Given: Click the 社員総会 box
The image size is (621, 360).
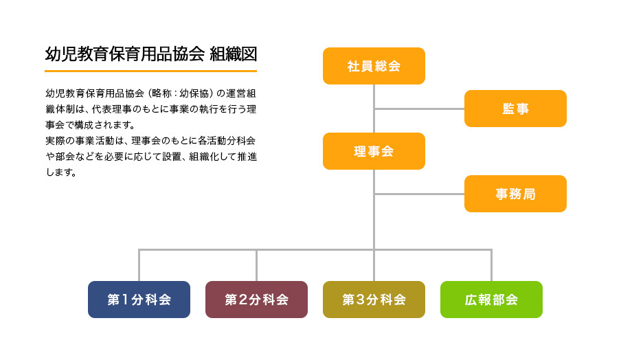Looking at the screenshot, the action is [x=374, y=66].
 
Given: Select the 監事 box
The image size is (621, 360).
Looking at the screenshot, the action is [x=515, y=109].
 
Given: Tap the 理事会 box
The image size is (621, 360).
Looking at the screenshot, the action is [x=374, y=151].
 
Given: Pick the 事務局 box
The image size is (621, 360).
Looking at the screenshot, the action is [x=515, y=194].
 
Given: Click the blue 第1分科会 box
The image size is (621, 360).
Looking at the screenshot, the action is [x=139, y=300].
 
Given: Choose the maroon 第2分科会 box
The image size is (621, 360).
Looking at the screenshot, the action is [x=257, y=300].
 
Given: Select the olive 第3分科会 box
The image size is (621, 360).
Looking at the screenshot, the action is [x=374, y=300].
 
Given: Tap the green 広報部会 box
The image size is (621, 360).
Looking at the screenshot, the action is [x=491, y=300].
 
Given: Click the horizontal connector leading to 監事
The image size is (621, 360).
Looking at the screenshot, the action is [x=420, y=109].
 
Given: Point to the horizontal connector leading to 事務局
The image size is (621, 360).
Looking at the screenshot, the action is [x=420, y=194].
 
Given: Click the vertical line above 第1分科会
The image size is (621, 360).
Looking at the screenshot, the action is [x=139, y=265].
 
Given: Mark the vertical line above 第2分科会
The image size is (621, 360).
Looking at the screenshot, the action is [x=257, y=265].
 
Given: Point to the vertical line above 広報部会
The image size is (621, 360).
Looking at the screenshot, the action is [x=491, y=265].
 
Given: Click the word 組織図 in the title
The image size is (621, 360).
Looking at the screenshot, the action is [x=234, y=54].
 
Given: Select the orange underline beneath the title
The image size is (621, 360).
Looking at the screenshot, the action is [x=151, y=71].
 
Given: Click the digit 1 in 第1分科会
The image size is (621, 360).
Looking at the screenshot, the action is [x=125, y=300].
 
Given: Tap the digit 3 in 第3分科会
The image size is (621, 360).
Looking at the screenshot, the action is [x=360, y=300].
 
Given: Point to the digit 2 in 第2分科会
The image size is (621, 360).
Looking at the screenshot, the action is [x=242, y=300].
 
